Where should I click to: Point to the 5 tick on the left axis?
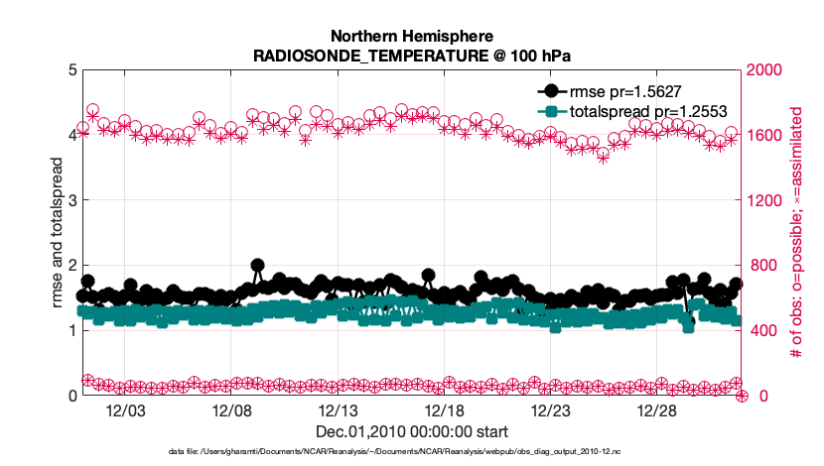pyautogui.click(x=71, y=70)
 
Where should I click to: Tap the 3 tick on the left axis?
pyautogui.click(x=71, y=200)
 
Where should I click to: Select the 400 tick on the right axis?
pyautogui.click(x=762, y=330)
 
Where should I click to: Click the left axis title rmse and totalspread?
pyautogui.click(x=57, y=233)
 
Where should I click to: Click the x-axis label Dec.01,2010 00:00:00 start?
pyautogui.click(x=412, y=431)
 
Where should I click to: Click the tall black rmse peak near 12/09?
pyautogui.click(x=258, y=266)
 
